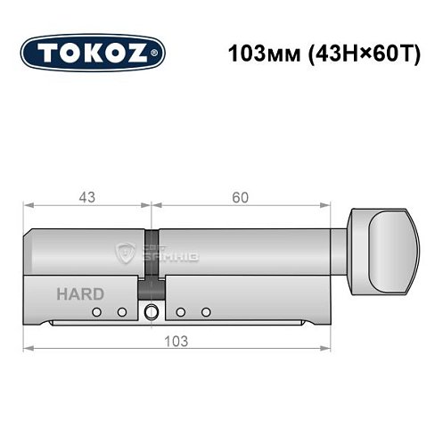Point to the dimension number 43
86,196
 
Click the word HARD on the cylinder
80,293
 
